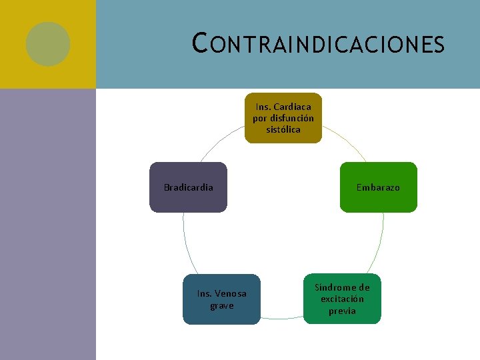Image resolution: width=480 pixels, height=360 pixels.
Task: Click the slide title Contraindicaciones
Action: [317, 44]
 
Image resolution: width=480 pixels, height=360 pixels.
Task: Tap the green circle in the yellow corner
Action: [48, 44]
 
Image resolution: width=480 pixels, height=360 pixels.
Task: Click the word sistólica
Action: [283, 129]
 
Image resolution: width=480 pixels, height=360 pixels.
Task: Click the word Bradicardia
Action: [189, 187]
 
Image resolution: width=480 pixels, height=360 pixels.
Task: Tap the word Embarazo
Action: [378, 187]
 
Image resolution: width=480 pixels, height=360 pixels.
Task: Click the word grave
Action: [222, 305]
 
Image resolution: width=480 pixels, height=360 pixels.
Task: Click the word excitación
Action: [342, 299]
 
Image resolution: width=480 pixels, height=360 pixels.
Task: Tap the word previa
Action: [342, 311]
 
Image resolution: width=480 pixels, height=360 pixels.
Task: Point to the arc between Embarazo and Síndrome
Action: [381, 243]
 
